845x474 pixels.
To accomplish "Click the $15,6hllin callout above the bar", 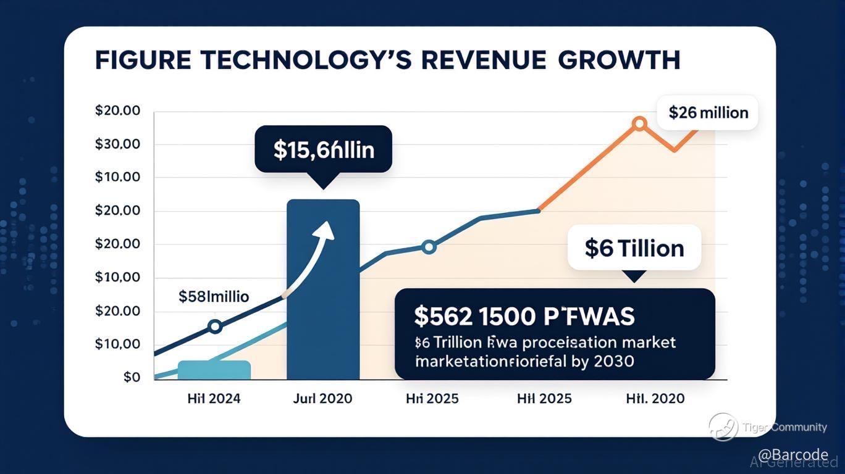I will coord(323,149).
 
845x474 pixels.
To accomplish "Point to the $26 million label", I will coord(708,113).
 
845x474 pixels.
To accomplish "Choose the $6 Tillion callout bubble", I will coord(634,248).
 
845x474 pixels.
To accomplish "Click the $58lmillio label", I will coord(214,296).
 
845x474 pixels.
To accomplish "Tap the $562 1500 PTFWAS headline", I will coord(524,316).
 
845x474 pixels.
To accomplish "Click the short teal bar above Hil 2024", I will coord(214,370).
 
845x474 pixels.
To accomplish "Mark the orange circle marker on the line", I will coord(639,124).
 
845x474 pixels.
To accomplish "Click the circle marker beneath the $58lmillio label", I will coord(215,326).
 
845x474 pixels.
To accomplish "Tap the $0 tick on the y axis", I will coord(131,377).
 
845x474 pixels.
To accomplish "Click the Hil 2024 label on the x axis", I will coord(214,399).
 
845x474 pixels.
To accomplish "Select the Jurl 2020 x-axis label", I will coord(322,399).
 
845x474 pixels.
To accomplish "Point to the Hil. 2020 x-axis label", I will coord(655,399).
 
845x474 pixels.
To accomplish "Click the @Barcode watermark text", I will coord(792,455).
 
